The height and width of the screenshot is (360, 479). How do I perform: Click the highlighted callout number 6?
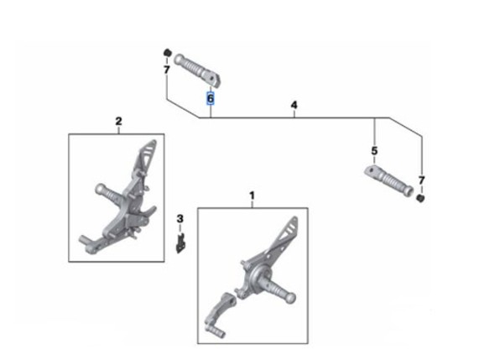point(211,99)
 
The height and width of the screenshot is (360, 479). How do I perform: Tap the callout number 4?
point(294,105)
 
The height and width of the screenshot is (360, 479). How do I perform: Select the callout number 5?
point(374,151)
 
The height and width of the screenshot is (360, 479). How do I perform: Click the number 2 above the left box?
point(118,122)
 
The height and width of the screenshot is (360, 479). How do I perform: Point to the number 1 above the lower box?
point(252,196)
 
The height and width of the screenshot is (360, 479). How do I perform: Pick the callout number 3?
point(180,219)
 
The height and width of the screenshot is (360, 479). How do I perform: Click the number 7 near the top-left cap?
point(166,70)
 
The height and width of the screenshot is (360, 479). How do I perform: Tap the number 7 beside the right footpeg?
point(422,180)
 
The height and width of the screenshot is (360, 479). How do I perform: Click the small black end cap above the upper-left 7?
point(167,53)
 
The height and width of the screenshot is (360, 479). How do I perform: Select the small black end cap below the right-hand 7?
point(420,198)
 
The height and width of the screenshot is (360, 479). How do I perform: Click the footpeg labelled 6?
point(197,70)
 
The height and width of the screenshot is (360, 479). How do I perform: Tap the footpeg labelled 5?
point(389,181)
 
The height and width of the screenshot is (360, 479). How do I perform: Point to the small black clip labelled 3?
point(180,243)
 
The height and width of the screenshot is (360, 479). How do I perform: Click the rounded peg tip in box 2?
point(100,189)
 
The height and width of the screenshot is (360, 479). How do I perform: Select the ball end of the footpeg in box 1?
point(290,298)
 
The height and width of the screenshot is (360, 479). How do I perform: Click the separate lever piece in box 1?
point(220,315)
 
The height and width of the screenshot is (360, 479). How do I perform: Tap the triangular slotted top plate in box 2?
point(147,156)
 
